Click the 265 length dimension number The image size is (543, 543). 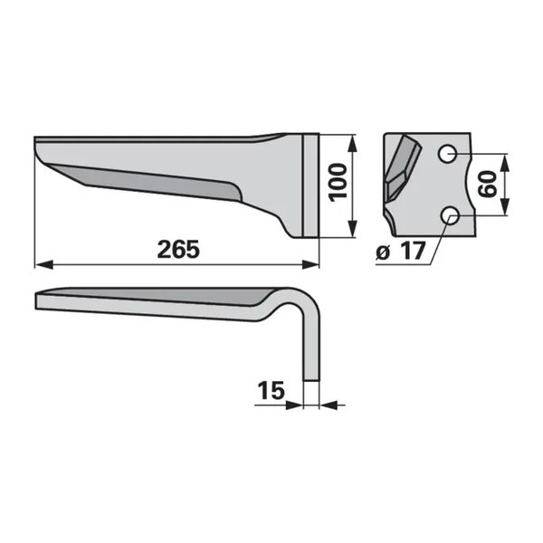pos(178,250)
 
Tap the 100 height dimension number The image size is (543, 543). pos(338,182)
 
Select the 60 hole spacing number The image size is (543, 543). pos(487,185)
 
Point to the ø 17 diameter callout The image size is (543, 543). pos(400,252)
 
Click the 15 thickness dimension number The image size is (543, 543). pos(271,390)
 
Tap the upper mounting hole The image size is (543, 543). pos(447,154)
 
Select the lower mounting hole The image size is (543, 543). pos(450,215)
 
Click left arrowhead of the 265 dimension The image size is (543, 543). pos(44,265)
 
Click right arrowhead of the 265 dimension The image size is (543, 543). pos(310,265)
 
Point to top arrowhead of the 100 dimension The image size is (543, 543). pos(352,143)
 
